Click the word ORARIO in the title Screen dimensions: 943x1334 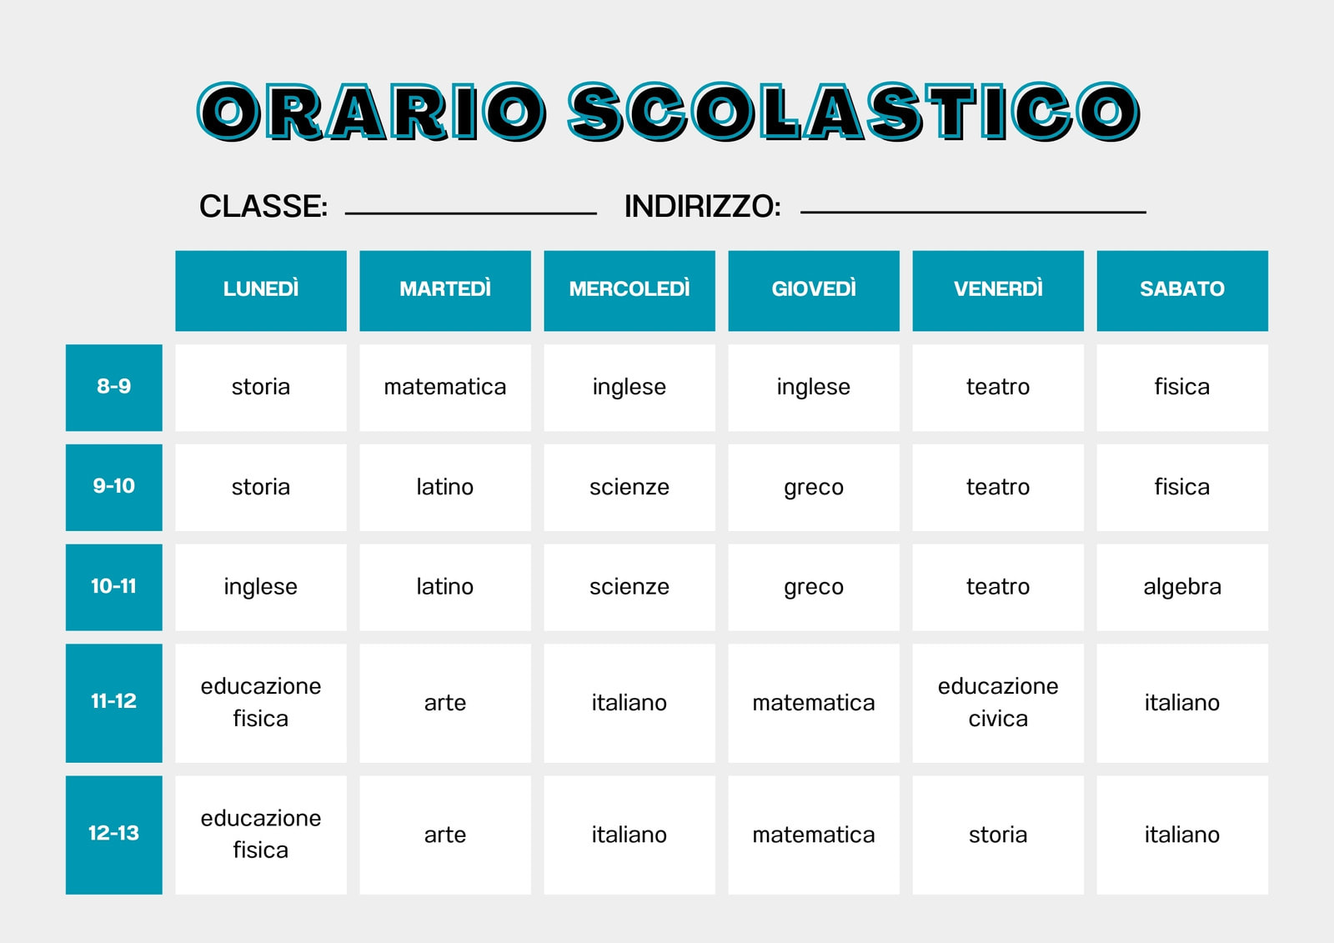coord(372,113)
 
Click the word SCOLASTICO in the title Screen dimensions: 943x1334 coord(853,113)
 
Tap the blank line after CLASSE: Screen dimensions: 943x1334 coord(470,212)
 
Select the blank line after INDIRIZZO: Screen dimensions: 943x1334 coord(973,211)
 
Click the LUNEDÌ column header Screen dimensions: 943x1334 coord(261,290)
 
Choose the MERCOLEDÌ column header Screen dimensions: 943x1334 coord(629,290)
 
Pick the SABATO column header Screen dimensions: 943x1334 coord(1182,290)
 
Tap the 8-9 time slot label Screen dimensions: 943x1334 coord(114,387)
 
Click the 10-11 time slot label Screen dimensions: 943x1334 coord(114,587)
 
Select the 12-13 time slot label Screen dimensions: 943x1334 coord(114,834)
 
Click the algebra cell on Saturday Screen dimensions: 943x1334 coord(1182,587)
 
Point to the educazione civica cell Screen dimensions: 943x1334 coord(998,702)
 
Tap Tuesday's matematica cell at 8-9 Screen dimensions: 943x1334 coord(445,387)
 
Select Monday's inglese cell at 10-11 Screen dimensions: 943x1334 coord(261,587)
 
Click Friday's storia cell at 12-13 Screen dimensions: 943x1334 coord(998,835)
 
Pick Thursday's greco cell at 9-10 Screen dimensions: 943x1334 coord(814,487)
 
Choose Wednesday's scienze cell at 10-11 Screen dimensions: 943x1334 coord(629,587)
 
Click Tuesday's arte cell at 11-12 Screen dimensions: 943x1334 coord(445,702)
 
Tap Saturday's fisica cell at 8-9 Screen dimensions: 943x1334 coord(1182,387)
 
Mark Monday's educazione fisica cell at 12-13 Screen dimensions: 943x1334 coord(261,834)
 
